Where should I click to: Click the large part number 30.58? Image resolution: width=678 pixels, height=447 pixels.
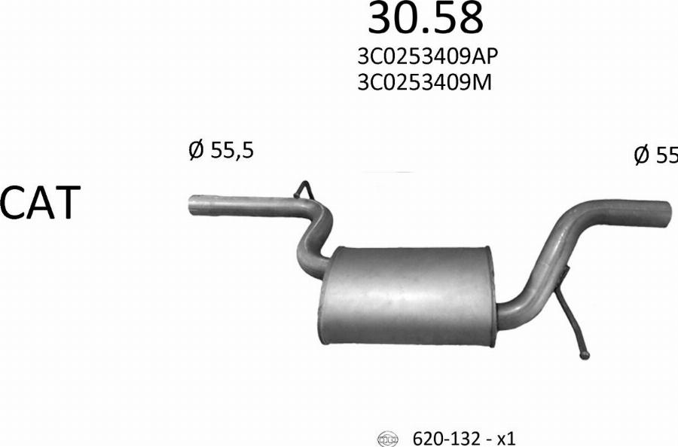(425, 19)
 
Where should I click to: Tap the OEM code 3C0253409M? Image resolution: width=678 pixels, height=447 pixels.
(425, 81)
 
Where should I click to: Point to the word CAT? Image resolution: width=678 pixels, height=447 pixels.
(40, 203)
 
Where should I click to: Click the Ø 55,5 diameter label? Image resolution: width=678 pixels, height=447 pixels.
(221, 151)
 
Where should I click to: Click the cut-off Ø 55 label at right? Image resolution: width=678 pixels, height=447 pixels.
(655, 155)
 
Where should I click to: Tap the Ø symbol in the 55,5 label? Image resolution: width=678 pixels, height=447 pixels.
(196, 151)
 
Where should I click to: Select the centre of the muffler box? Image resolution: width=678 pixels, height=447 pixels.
(407, 295)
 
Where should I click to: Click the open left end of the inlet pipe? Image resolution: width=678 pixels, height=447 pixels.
(191, 206)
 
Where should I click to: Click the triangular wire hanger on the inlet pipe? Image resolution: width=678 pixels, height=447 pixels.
(304, 190)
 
